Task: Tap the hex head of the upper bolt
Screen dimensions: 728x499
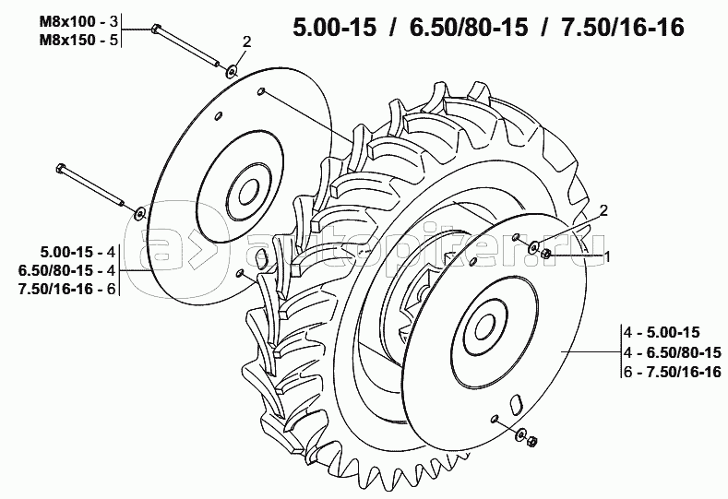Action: tap(156, 29)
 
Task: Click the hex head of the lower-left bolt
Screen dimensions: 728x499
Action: tap(60, 168)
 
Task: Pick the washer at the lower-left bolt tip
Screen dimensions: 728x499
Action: tap(140, 213)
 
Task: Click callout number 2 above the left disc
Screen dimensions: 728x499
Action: tap(246, 42)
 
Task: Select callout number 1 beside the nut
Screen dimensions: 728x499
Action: tap(605, 256)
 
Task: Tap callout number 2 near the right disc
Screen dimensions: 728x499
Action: tap(603, 210)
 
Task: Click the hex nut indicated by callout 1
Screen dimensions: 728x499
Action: tap(546, 254)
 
